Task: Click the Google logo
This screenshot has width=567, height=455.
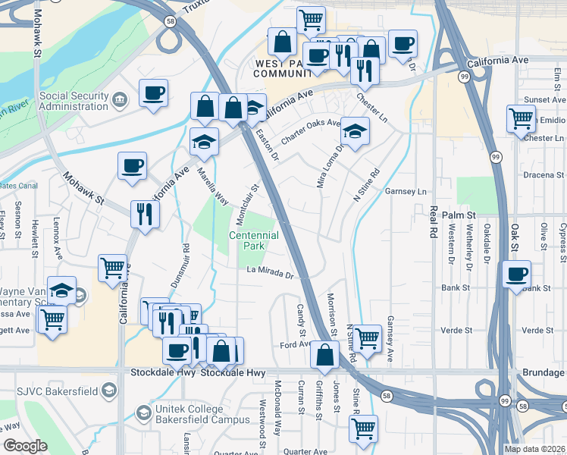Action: (25, 446)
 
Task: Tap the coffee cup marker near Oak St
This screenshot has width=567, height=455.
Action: (517, 274)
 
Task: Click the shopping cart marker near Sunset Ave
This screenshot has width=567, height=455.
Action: (521, 118)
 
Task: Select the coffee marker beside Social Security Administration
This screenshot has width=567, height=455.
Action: (154, 93)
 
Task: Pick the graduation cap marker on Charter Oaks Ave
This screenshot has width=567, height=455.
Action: (355, 130)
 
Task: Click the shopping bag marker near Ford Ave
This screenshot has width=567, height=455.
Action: (324, 353)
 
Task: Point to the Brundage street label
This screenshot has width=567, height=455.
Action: (544, 372)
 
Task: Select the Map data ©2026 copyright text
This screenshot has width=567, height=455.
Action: (533, 449)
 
